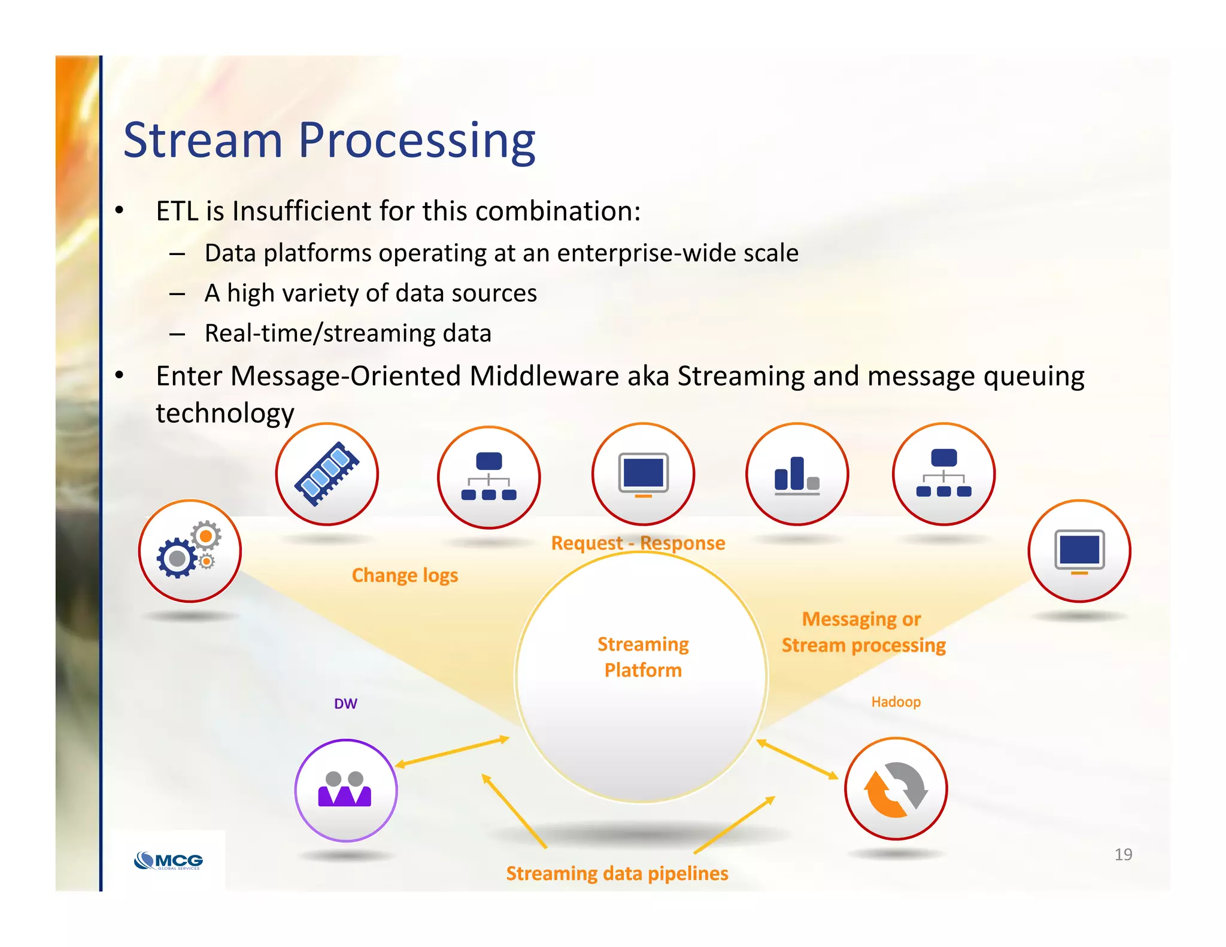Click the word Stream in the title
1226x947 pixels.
[202, 141]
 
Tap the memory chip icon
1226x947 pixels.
[327, 474]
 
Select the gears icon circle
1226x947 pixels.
[190, 551]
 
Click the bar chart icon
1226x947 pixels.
[797, 474]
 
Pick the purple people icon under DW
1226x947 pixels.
[345, 790]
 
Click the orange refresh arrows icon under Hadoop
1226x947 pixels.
[896, 789]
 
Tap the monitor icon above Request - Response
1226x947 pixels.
[643, 474]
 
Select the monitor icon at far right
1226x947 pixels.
[1079, 551]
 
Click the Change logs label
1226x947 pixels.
[405, 575]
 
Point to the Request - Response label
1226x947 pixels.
[638, 543]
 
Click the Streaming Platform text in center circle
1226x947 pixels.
[643, 657]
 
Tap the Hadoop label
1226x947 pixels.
[896, 702]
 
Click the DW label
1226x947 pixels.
[345, 704]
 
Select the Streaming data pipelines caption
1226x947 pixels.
[617, 873]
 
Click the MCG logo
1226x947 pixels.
[169, 861]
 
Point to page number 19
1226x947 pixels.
[1123, 854]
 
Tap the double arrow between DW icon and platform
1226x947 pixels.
[452, 752]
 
